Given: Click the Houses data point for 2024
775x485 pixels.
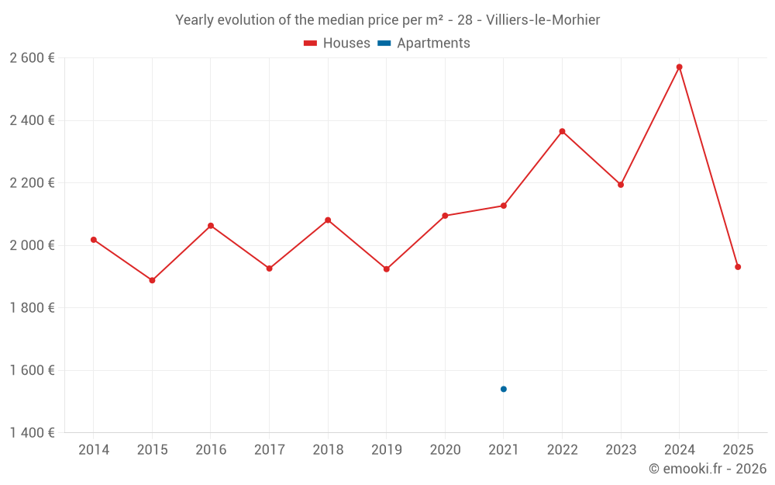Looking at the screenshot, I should pos(680,67).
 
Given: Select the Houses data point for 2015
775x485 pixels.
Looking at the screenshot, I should pos(152,280).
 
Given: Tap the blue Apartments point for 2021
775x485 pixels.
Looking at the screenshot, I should pos(504,389).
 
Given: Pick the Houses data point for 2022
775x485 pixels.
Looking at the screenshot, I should pos(563,131).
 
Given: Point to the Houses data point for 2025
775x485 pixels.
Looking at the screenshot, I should pos(738,267).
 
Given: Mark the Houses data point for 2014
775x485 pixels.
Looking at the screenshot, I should pos(94,240).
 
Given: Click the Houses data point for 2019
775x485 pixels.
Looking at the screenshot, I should pos(387,269).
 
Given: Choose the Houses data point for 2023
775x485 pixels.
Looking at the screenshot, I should pos(621,185).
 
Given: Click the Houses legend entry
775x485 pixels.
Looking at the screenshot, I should pos(337,43).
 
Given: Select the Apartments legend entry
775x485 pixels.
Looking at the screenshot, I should pos(424,43).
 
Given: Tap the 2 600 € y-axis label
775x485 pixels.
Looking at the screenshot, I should pos(32,58).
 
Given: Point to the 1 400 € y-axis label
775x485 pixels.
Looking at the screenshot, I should pos(32,433).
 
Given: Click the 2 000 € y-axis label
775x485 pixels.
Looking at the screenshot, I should pos(32,245).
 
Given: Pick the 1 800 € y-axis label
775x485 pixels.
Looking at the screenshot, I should pos(32,308).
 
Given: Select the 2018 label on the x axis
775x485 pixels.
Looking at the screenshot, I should pos(328,450).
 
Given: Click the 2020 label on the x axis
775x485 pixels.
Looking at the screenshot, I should pos(445,450).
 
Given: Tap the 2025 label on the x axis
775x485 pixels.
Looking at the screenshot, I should pos(738,450).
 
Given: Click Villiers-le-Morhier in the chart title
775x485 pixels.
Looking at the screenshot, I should pos(542,20).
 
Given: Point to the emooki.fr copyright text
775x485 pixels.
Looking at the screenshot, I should pos(708,469).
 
